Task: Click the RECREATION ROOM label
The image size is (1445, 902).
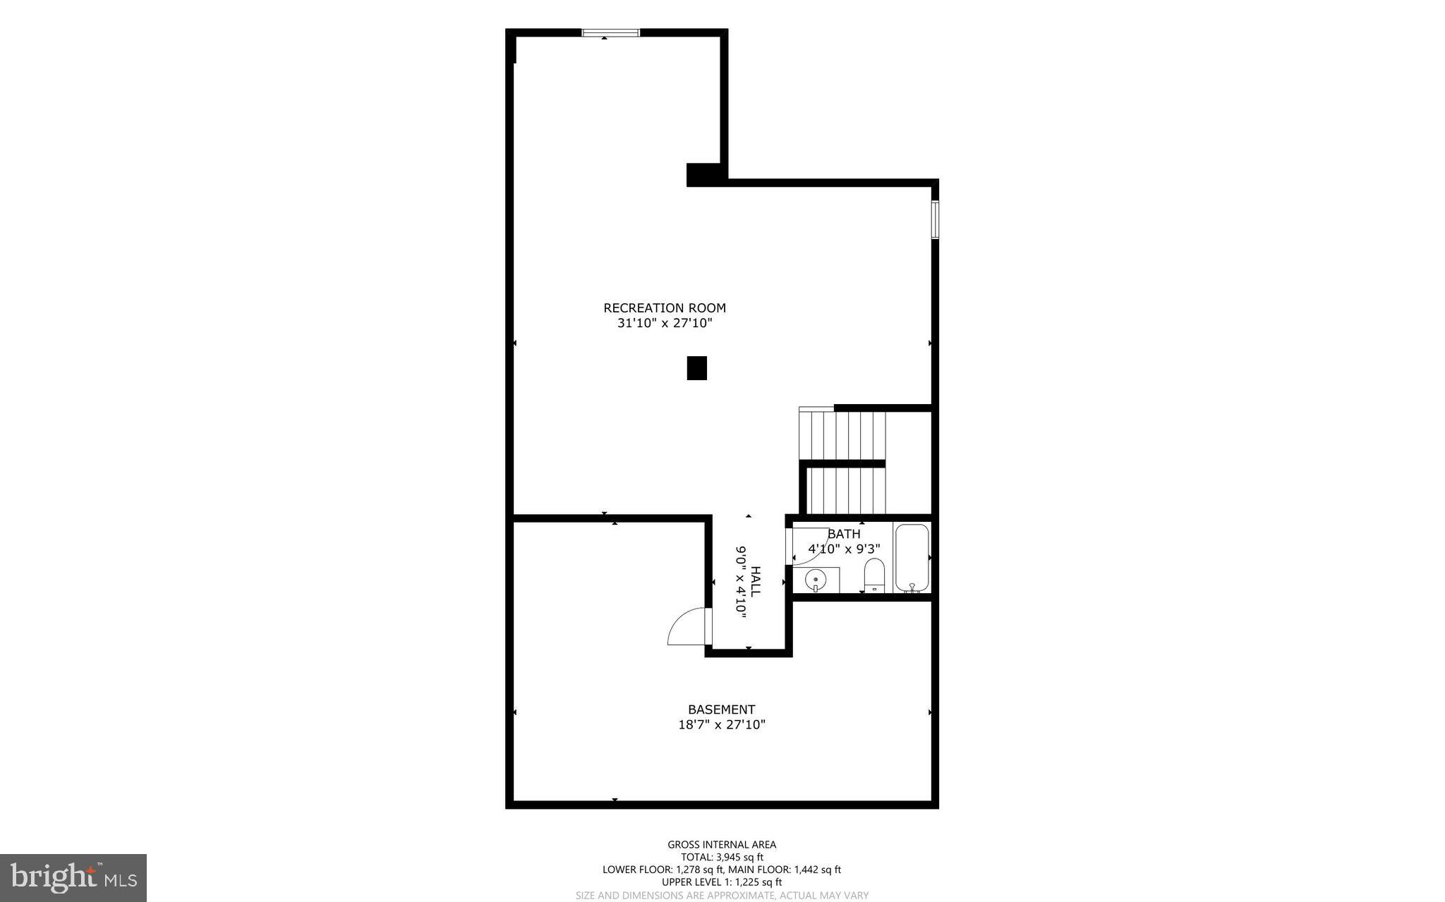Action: [x=664, y=308]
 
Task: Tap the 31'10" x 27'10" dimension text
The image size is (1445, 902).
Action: [x=664, y=324]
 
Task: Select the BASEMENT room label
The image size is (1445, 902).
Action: [x=721, y=709]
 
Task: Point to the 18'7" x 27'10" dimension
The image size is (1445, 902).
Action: [x=721, y=724]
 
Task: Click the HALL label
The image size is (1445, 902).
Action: [x=756, y=581]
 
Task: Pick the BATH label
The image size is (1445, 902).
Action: [x=844, y=534]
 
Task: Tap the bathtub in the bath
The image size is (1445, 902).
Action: [x=912, y=557]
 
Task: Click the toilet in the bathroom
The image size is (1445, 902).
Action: [x=874, y=575]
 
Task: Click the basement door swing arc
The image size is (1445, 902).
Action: [x=686, y=628]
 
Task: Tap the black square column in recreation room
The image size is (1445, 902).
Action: [x=696, y=368]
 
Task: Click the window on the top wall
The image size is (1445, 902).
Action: [x=610, y=32]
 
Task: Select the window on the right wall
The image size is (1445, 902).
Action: [x=935, y=219]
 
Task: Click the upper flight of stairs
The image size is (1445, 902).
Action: [x=842, y=434]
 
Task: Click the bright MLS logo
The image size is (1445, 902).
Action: [x=73, y=877]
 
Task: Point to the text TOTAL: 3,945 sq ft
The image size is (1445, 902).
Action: [x=721, y=858]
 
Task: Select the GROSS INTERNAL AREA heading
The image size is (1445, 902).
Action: [x=721, y=845]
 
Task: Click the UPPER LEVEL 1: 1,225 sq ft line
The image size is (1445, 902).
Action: [x=721, y=882]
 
